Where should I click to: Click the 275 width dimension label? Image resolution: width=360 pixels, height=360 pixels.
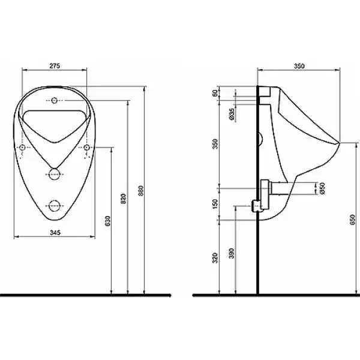(x=55, y=66)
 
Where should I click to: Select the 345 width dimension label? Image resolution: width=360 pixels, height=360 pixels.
(x=55, y=233)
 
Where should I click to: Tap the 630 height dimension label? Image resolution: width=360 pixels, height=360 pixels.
(x=108, y=221)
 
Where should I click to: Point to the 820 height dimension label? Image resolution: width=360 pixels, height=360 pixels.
(x=124, y=199)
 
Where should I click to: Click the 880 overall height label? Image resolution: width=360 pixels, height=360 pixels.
(x=141, y=191)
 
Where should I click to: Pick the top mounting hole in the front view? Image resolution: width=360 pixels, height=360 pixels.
(x=54, y=100)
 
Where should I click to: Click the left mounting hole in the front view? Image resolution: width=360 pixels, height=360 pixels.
(x=22, y=148)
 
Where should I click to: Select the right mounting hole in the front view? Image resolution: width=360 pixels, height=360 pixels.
(x=86, y=148)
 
